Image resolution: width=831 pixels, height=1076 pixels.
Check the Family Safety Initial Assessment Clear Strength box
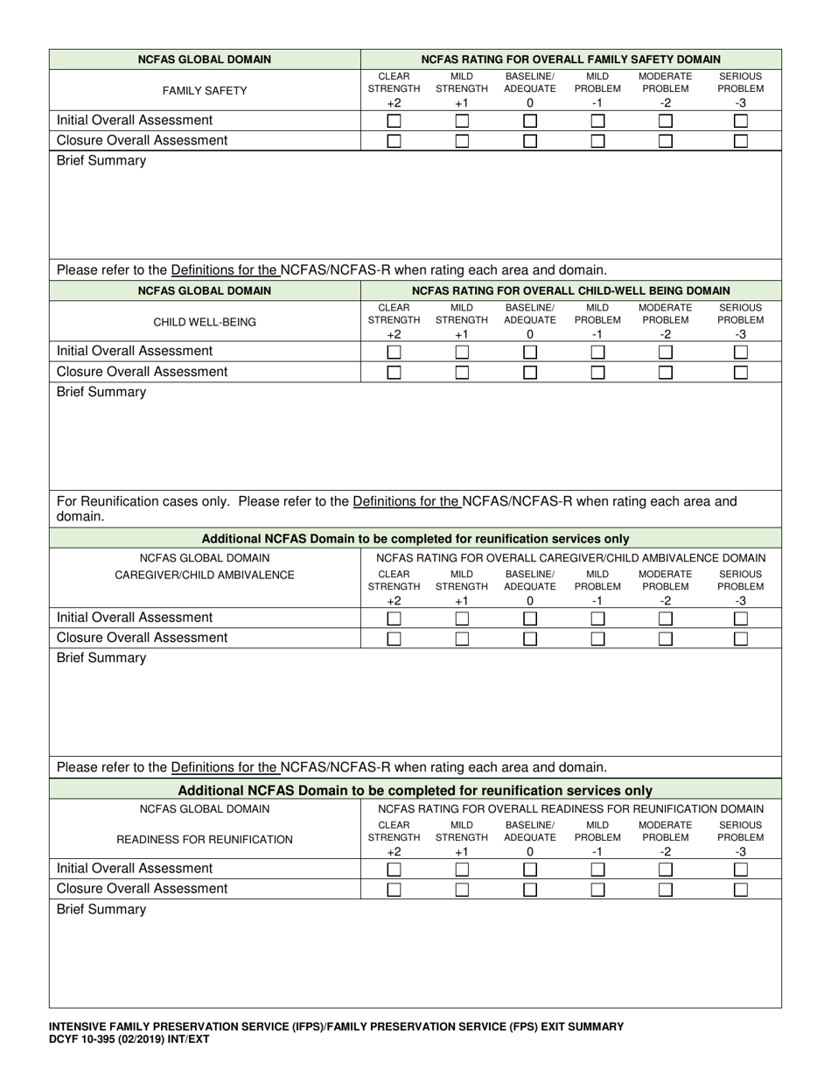click(394, 121)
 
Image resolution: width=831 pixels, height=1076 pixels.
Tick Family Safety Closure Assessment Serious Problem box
click(741, 141)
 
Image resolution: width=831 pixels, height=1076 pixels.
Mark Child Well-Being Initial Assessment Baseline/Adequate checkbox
click(530, 352)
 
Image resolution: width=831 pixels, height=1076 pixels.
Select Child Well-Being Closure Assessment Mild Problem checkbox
click(597, 372)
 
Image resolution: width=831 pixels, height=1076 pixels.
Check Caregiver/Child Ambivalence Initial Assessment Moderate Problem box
click(666, 618)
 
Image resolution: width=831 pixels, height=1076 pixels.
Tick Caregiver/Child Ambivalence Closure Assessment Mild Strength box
click(462, 639)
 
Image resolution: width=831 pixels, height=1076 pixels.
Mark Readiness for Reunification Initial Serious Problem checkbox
click(741, 870)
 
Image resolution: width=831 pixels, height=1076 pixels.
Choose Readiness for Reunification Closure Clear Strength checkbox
click(394, 890)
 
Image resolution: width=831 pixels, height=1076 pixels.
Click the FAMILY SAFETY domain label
click(205, 90)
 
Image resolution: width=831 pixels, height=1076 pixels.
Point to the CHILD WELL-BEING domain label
click(205, 322)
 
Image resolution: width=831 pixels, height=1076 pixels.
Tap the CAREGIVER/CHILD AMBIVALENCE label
click(205, 575)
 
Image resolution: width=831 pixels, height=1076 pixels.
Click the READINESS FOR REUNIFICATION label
click(205, 840)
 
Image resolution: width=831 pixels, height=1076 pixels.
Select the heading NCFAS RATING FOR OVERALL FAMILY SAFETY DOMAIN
click(570, 59)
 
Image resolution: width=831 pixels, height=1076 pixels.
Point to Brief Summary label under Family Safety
click(101, 161)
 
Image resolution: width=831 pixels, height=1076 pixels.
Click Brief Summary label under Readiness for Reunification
click(101, 910)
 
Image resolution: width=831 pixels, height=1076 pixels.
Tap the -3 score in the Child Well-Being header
click(741, 334)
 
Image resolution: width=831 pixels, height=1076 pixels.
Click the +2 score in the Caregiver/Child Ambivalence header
click(394, 600)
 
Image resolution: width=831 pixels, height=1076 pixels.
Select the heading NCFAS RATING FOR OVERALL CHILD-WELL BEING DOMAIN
click(570, 290)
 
